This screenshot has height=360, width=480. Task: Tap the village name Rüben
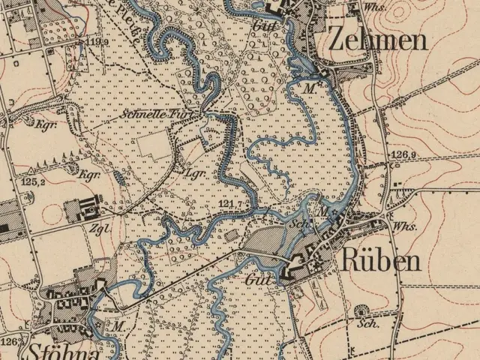[380, 260]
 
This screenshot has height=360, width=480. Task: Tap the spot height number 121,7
[232, 203]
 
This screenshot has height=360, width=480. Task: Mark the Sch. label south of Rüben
[367, 324]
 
